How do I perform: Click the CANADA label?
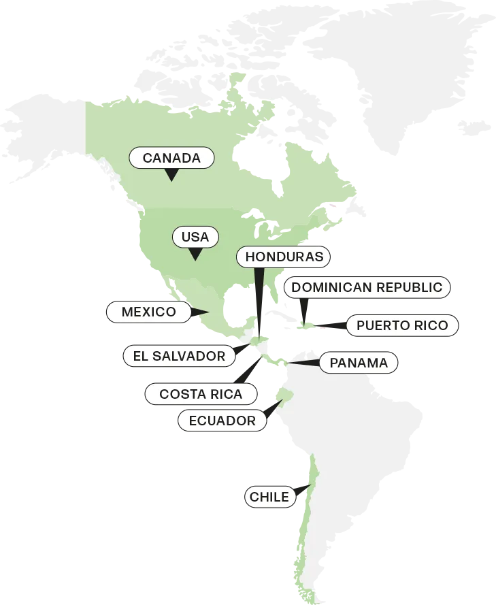coord(171,159)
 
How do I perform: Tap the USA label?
coord(195,238)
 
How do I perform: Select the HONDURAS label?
coord(283,257)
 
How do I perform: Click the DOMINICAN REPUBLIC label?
coord(367,287)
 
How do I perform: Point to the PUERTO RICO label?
coord(402,325)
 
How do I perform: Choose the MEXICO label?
coord(148,312)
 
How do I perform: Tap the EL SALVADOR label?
coord(179,355)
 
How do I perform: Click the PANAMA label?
coord(359,363)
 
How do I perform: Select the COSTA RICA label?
coord(201,394)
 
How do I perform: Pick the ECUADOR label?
coord(222,421)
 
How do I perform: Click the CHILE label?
coord(269,497)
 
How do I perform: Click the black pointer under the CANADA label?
coord(171,175)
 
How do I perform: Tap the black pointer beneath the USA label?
coord(195,255)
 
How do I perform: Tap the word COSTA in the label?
coord(180,394)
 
